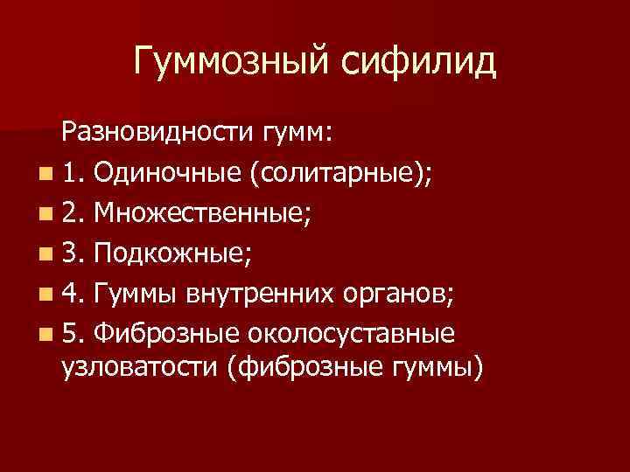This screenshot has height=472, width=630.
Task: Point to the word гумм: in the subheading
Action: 293,133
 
